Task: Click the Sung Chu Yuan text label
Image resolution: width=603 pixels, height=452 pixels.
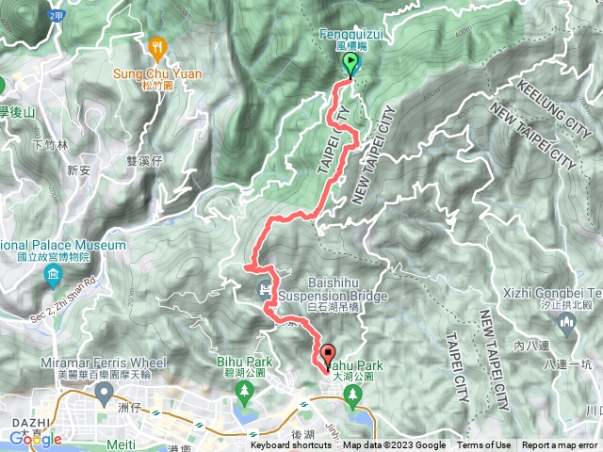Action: point(151,71)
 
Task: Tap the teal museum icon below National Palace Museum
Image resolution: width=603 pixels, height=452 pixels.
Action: point(53,275)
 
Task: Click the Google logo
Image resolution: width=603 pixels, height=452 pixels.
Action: point(36,439)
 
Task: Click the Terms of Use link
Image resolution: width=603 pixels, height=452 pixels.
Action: point(483,446)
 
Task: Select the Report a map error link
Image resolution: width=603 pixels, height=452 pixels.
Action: point(561,446)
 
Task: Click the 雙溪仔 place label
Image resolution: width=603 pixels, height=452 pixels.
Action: point(144,161)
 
